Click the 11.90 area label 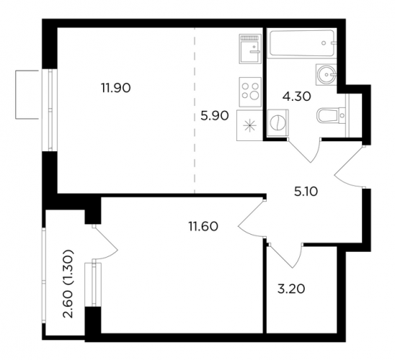point(116,88)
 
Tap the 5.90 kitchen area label point(215,116)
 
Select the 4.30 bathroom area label point(297,96)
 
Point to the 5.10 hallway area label point(306,192)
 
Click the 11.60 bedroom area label point(203,226)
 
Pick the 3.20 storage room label point(291,289)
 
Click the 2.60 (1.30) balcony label point(68,284)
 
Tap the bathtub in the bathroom point(302,43)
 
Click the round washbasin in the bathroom point(326,74)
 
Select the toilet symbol point(332,116)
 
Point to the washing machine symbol point(278,123)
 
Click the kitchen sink point(250,49)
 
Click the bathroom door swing point(304,150)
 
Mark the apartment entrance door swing point(350,166)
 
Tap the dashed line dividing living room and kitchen point(195,110)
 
